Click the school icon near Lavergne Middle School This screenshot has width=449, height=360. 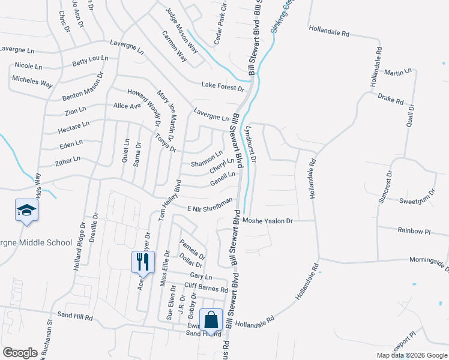pyautogui.click(x=26, y=210)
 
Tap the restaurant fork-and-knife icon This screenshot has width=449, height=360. pyautogui.click(x=143, y=261)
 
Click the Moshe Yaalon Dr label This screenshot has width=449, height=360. pyautogui.click(x=267, y=221)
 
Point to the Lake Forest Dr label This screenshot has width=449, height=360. pyautogui.click(x=223, y=88)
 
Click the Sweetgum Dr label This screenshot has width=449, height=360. pyautogui.click(x=416, y=201)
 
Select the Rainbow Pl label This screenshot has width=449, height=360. pyautogui.click(x=414, y=230)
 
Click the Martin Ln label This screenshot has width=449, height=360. pyautogui.click(x=398, y=72)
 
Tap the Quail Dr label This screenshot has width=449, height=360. pyautogui.click(x=409, y=127)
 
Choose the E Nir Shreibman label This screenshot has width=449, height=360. pyautogui.click(x=209, y=205)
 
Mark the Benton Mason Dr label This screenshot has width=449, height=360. pyautogui.click(x=82, y=88)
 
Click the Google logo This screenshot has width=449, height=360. pyautogui.click(x=20, y=353)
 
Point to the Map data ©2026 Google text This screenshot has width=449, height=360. pyautogui.click(x=412, y=355)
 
